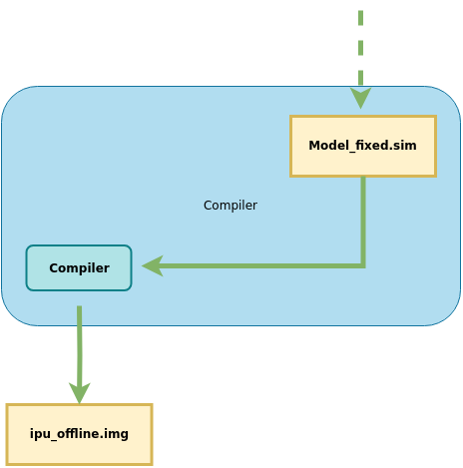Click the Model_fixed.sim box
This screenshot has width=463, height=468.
coord(363,146)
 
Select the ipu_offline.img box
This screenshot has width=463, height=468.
coord(79,434)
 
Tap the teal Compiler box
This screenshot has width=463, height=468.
coord(79,267)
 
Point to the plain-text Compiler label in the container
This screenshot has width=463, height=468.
coord(231,206)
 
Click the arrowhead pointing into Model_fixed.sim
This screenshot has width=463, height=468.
coord(360,98)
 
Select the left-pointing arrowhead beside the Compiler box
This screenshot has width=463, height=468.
coord(153,265)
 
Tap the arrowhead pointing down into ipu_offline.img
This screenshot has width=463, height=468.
coord(79,393)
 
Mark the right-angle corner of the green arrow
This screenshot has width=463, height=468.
coord(363,265)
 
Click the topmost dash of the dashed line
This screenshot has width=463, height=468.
coord(360,18)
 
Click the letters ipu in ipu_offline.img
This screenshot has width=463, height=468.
coord(40,434)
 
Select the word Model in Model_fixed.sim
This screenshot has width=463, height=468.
coord(329,145)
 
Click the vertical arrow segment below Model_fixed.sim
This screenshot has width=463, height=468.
coord(363,221)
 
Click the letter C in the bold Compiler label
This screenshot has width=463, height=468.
coord(53,268)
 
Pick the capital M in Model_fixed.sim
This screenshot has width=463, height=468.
coord(314,146)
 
